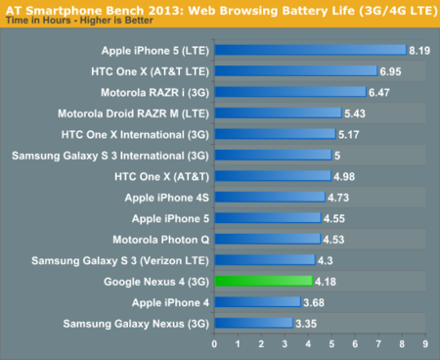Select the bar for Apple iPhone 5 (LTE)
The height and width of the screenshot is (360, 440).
[310, 50]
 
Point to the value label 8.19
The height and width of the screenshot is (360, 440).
[419, 50]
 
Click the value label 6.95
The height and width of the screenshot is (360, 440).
[390, 71]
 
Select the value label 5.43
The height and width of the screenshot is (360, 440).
[355, 113]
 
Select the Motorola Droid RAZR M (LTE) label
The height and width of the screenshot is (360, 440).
[126, 113]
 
